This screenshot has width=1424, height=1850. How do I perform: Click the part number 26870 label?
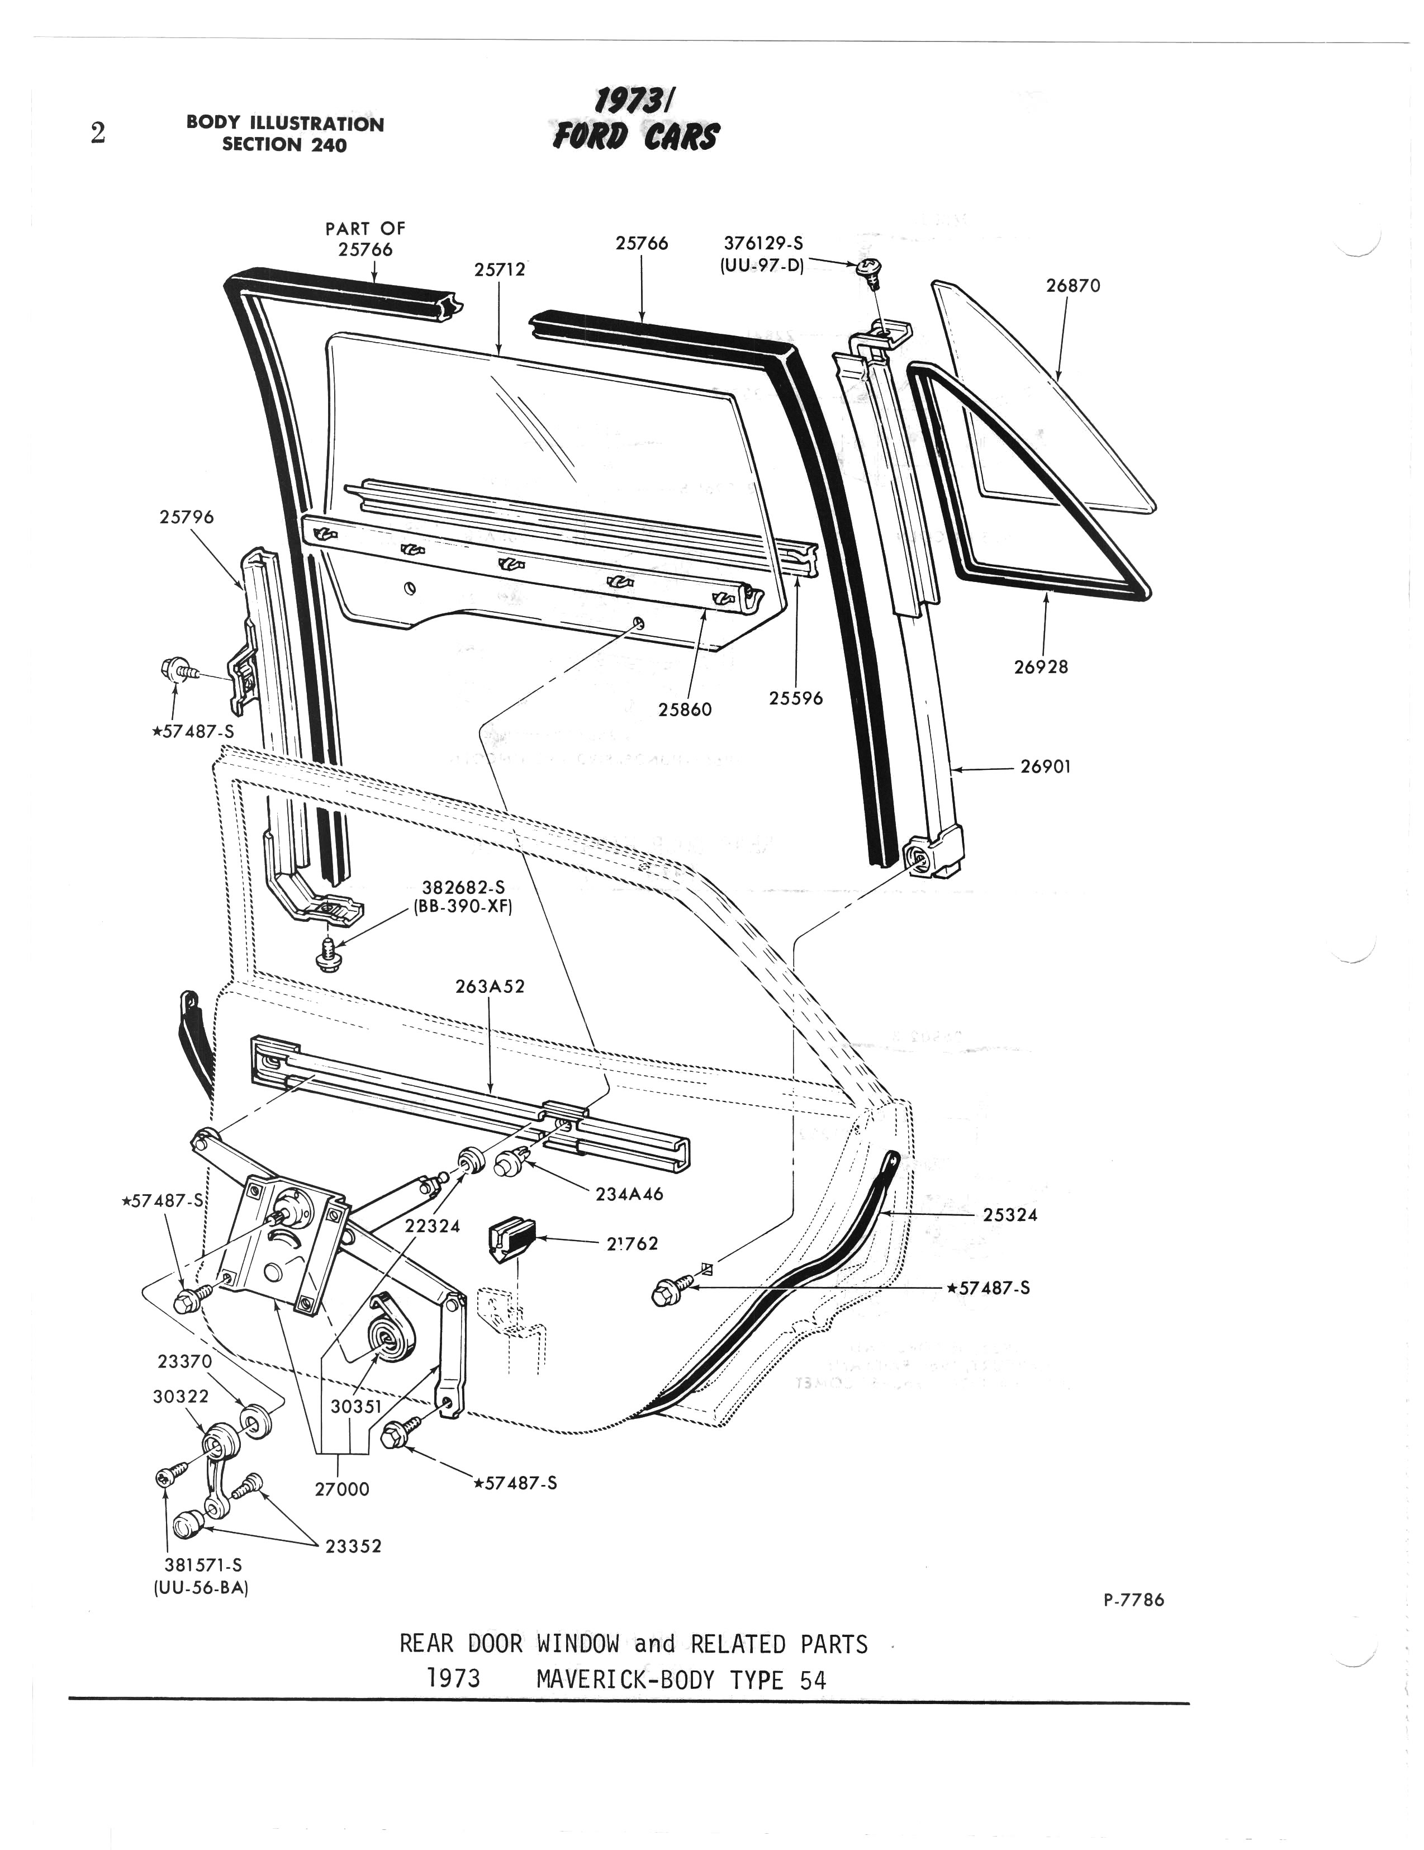point(1072,286)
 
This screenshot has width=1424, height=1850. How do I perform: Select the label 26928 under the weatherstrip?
point(1041,666)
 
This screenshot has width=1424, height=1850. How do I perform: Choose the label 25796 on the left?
point(186,517)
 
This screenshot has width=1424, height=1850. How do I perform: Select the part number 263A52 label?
point(490,987)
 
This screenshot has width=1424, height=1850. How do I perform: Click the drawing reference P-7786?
point(1133,1600)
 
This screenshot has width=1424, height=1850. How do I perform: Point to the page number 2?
point(98,134)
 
